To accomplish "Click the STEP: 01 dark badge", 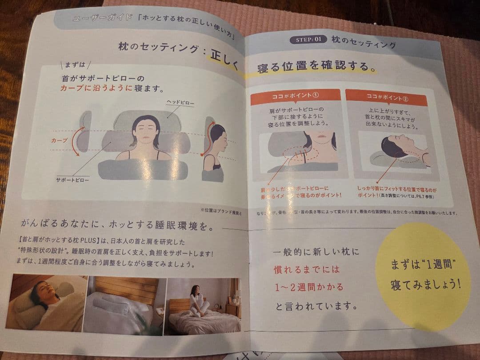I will coord(308,40).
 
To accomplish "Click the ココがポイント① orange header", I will coord(295,96).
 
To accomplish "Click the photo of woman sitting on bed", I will coord(202,306).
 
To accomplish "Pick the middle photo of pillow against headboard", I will coord(126,305).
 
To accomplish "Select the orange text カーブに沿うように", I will coord(96,88).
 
